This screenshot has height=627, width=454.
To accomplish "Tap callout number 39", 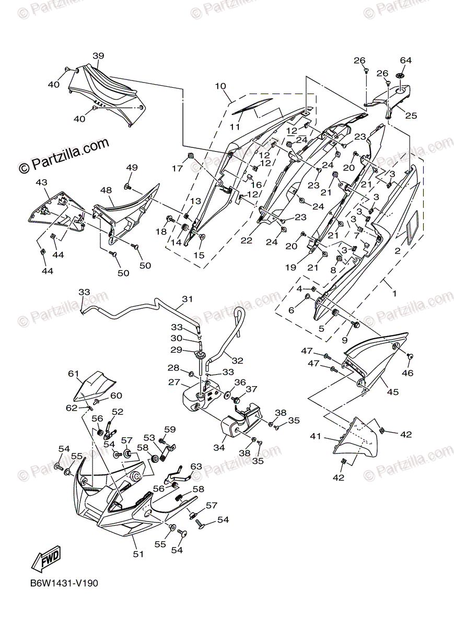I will [99, 56].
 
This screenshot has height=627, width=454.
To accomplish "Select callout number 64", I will [406, 60].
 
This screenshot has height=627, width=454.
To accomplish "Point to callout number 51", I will [137, 554].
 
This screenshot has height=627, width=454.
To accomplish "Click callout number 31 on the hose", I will [187, 299].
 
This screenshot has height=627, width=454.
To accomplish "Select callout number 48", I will [107, 191].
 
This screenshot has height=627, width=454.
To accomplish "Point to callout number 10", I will [219, 86].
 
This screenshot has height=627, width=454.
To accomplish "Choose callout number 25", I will [411, 115].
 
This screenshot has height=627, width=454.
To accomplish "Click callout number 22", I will [247, 240].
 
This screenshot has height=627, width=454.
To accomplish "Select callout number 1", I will [394, 294].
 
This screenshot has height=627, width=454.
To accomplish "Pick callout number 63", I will [196, 466].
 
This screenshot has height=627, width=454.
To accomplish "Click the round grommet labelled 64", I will [401, 77].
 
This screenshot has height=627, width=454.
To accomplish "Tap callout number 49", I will [132, 167].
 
